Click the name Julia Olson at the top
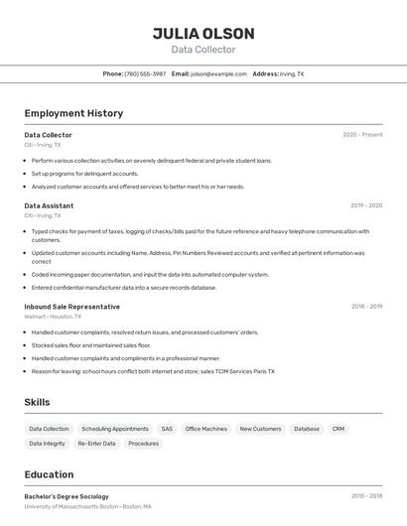click(x=203, y=34)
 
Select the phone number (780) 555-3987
click(x=145, y=73)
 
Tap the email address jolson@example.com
click(x=218, y=73)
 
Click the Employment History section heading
click(x=73, y=113)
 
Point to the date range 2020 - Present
click(x=362, y=135)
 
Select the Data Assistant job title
click(x=49, y=205)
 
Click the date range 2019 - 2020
click(x=366, y=205)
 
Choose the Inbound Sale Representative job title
click(x=71, y=307)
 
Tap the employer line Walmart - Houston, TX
click(x=53, y=317)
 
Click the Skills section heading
click(x=38, y=402)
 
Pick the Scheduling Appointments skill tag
click(x=115, y=429)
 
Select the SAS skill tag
click(x=167, y=429)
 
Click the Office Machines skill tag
click(x=206, y=429)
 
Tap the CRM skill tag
click(x=339, y=429)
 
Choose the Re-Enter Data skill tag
click(x=96, y=444)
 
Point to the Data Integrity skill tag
click(x=48, y=444)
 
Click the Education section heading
click(x=49, y=474)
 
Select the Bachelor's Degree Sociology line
click(x=67, y=496)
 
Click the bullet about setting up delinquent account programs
click(x=84, y=174)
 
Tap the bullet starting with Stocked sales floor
click(x=90, y=345)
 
